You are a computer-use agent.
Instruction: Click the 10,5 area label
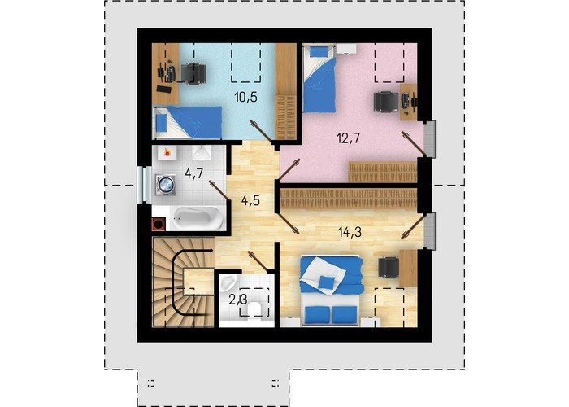(x=245, y=97)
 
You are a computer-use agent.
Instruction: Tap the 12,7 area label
(x=348, y=138)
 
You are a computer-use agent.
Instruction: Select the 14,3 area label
(x=350, y=231)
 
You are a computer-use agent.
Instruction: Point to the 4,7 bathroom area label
(x=194, y=173)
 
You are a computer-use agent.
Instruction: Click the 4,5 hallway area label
(x=250, y=200)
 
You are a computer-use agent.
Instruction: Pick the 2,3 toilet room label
(x=238, y=300)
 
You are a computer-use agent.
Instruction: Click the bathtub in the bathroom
(x=198, y=218)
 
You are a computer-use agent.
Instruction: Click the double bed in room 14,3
(x=331, y=291)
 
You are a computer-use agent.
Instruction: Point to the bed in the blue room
(x=187, y=122)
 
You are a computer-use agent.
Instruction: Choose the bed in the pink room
(x=319, y=78)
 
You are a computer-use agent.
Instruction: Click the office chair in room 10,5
(x=193, y=74)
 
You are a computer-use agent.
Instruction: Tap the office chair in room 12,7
(x=387, y=101)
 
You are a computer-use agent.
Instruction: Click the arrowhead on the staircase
(x=210, y=251)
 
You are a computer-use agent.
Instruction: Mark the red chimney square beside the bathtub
(x=159, y=224)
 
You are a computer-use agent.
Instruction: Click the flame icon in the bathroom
(x=167, y=152)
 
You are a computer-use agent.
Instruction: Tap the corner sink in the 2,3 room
(x=228, y=282)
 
